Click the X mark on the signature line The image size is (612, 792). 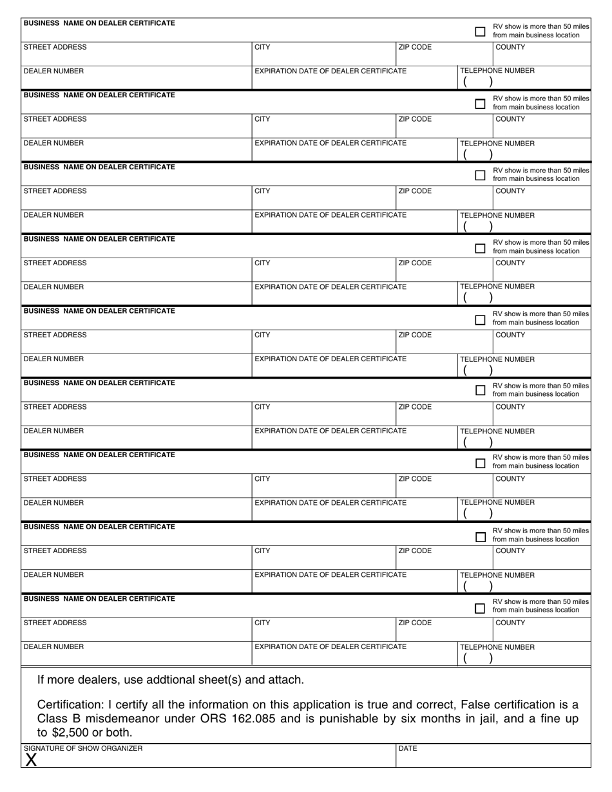click(x=30, y=760)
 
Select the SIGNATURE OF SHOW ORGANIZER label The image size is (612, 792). click(x=83, y=749)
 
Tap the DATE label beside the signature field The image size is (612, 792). click(x=408, y=749)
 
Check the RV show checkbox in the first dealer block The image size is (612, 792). click(x=480, y=31)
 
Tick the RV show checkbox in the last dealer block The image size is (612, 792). click(x=480, y=608)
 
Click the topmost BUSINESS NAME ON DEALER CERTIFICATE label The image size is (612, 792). click(x=99, y=23)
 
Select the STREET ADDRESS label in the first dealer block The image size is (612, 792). click(x=55, y=48)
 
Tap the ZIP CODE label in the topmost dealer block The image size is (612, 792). click(x=416, y=48)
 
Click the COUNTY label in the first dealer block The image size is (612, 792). click(x=510, y=48)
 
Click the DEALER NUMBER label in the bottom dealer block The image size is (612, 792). click(x=53, y=646)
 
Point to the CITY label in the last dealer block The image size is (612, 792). click(x=263, y=623)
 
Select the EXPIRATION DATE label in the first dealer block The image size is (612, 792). click(x=330, y=71)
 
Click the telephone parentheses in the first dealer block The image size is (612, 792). click(x=478, y=82)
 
